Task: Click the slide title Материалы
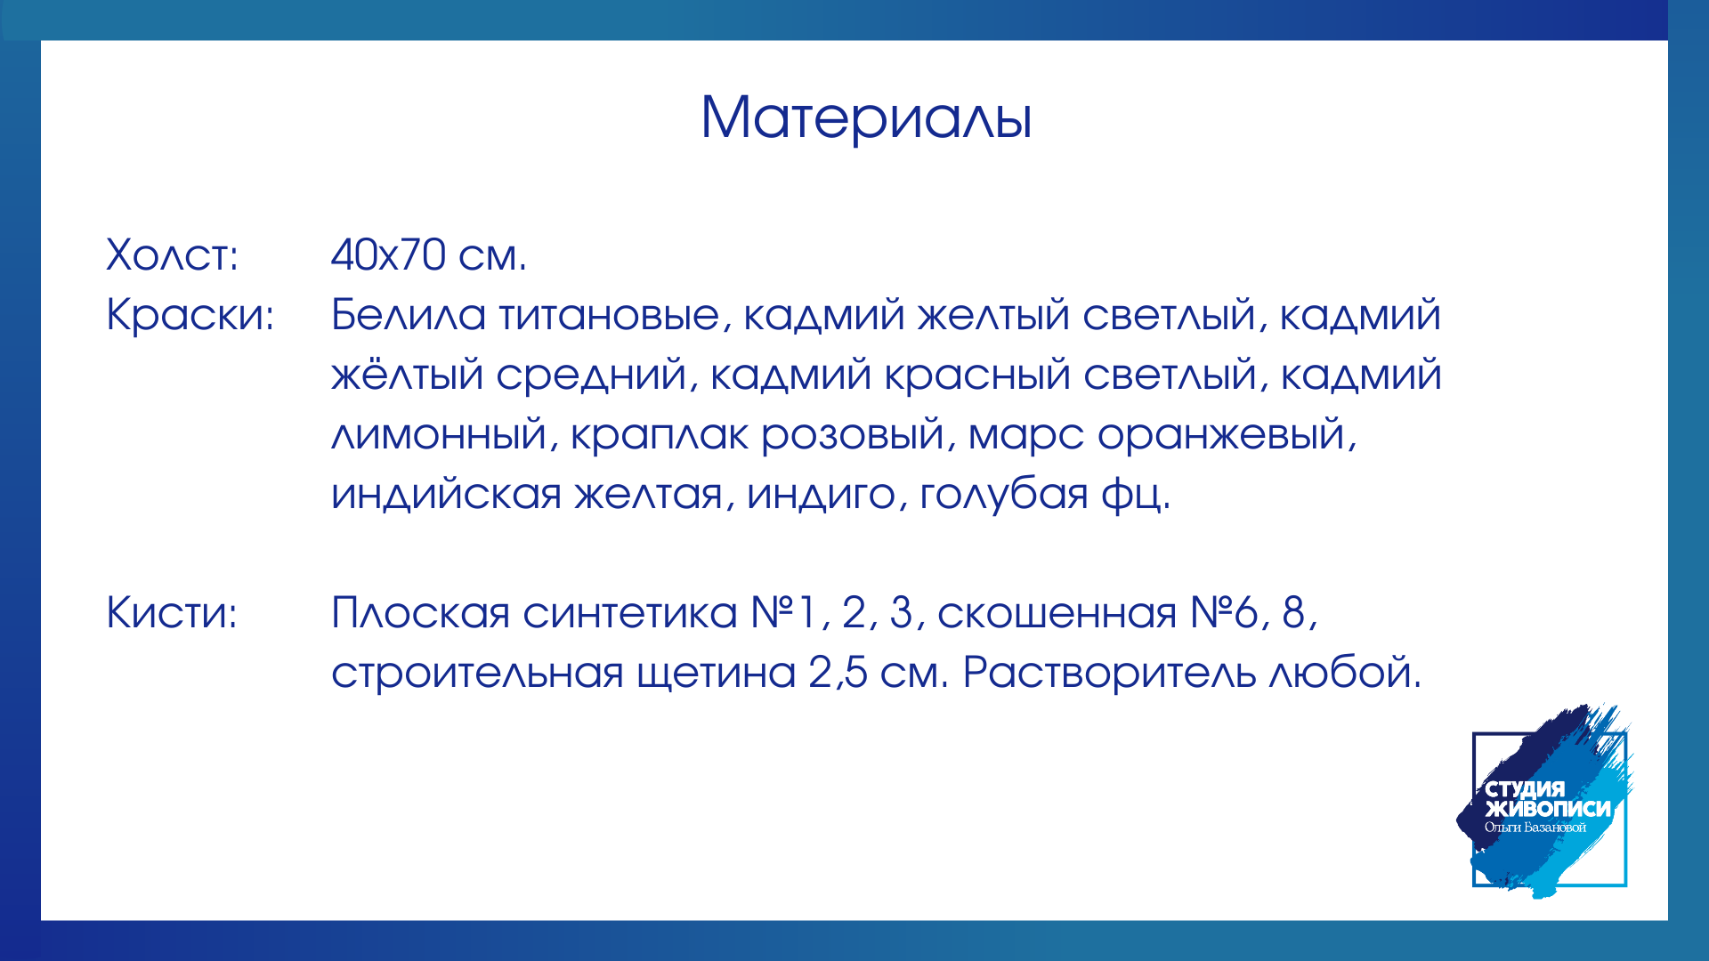coord(866,117)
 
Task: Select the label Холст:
coord(173,255)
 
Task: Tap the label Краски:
coord(190,315)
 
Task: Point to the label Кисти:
coord(172,613)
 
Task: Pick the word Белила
coord(409,315)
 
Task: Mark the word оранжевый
coord(1227,436)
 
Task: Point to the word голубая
coord(1004,495)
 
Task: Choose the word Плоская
coord(421,613)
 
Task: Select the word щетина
coord(717,674)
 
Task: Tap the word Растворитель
coord(1110,674)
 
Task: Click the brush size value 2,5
coord(838,674)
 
